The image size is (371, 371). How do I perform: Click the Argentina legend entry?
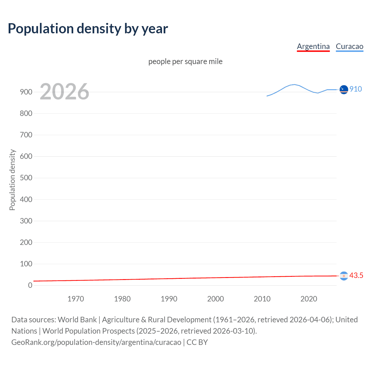click(x=313, y=46)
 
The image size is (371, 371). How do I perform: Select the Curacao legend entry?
click(x=349, y=46)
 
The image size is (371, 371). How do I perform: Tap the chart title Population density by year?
click(x=88, y=29)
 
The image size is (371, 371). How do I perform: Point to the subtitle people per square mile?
click(x=185, y=61)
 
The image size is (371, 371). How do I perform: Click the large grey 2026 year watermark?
click(x=64, y=92)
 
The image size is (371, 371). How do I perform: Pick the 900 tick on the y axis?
click(x=26, y=92)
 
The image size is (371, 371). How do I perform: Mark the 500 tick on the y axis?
click(x=26, y=178)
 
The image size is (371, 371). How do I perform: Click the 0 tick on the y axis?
click(x=30, y=285)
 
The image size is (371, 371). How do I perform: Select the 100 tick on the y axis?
click(x=26, y=264)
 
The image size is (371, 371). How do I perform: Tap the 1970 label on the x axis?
click(x=76, y=299)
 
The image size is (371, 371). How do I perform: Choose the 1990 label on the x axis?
click(x=169, y=299)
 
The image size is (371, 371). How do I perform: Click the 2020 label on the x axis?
click(x=309, y=299)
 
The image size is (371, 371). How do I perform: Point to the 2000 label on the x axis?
click(x=215, y=299)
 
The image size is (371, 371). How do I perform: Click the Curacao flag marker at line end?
click(x=344, y=90)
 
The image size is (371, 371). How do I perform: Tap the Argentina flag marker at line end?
click(x=344, y=276)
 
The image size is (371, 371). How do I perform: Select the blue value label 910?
click(x=356, y=89)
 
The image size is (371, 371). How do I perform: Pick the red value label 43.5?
click(x=356, y=275)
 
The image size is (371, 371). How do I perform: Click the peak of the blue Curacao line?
click(x=294, y=84)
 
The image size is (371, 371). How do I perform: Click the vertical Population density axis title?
click(x=12, y=180)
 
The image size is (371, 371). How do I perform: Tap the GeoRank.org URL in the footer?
click(x=96, y=342)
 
